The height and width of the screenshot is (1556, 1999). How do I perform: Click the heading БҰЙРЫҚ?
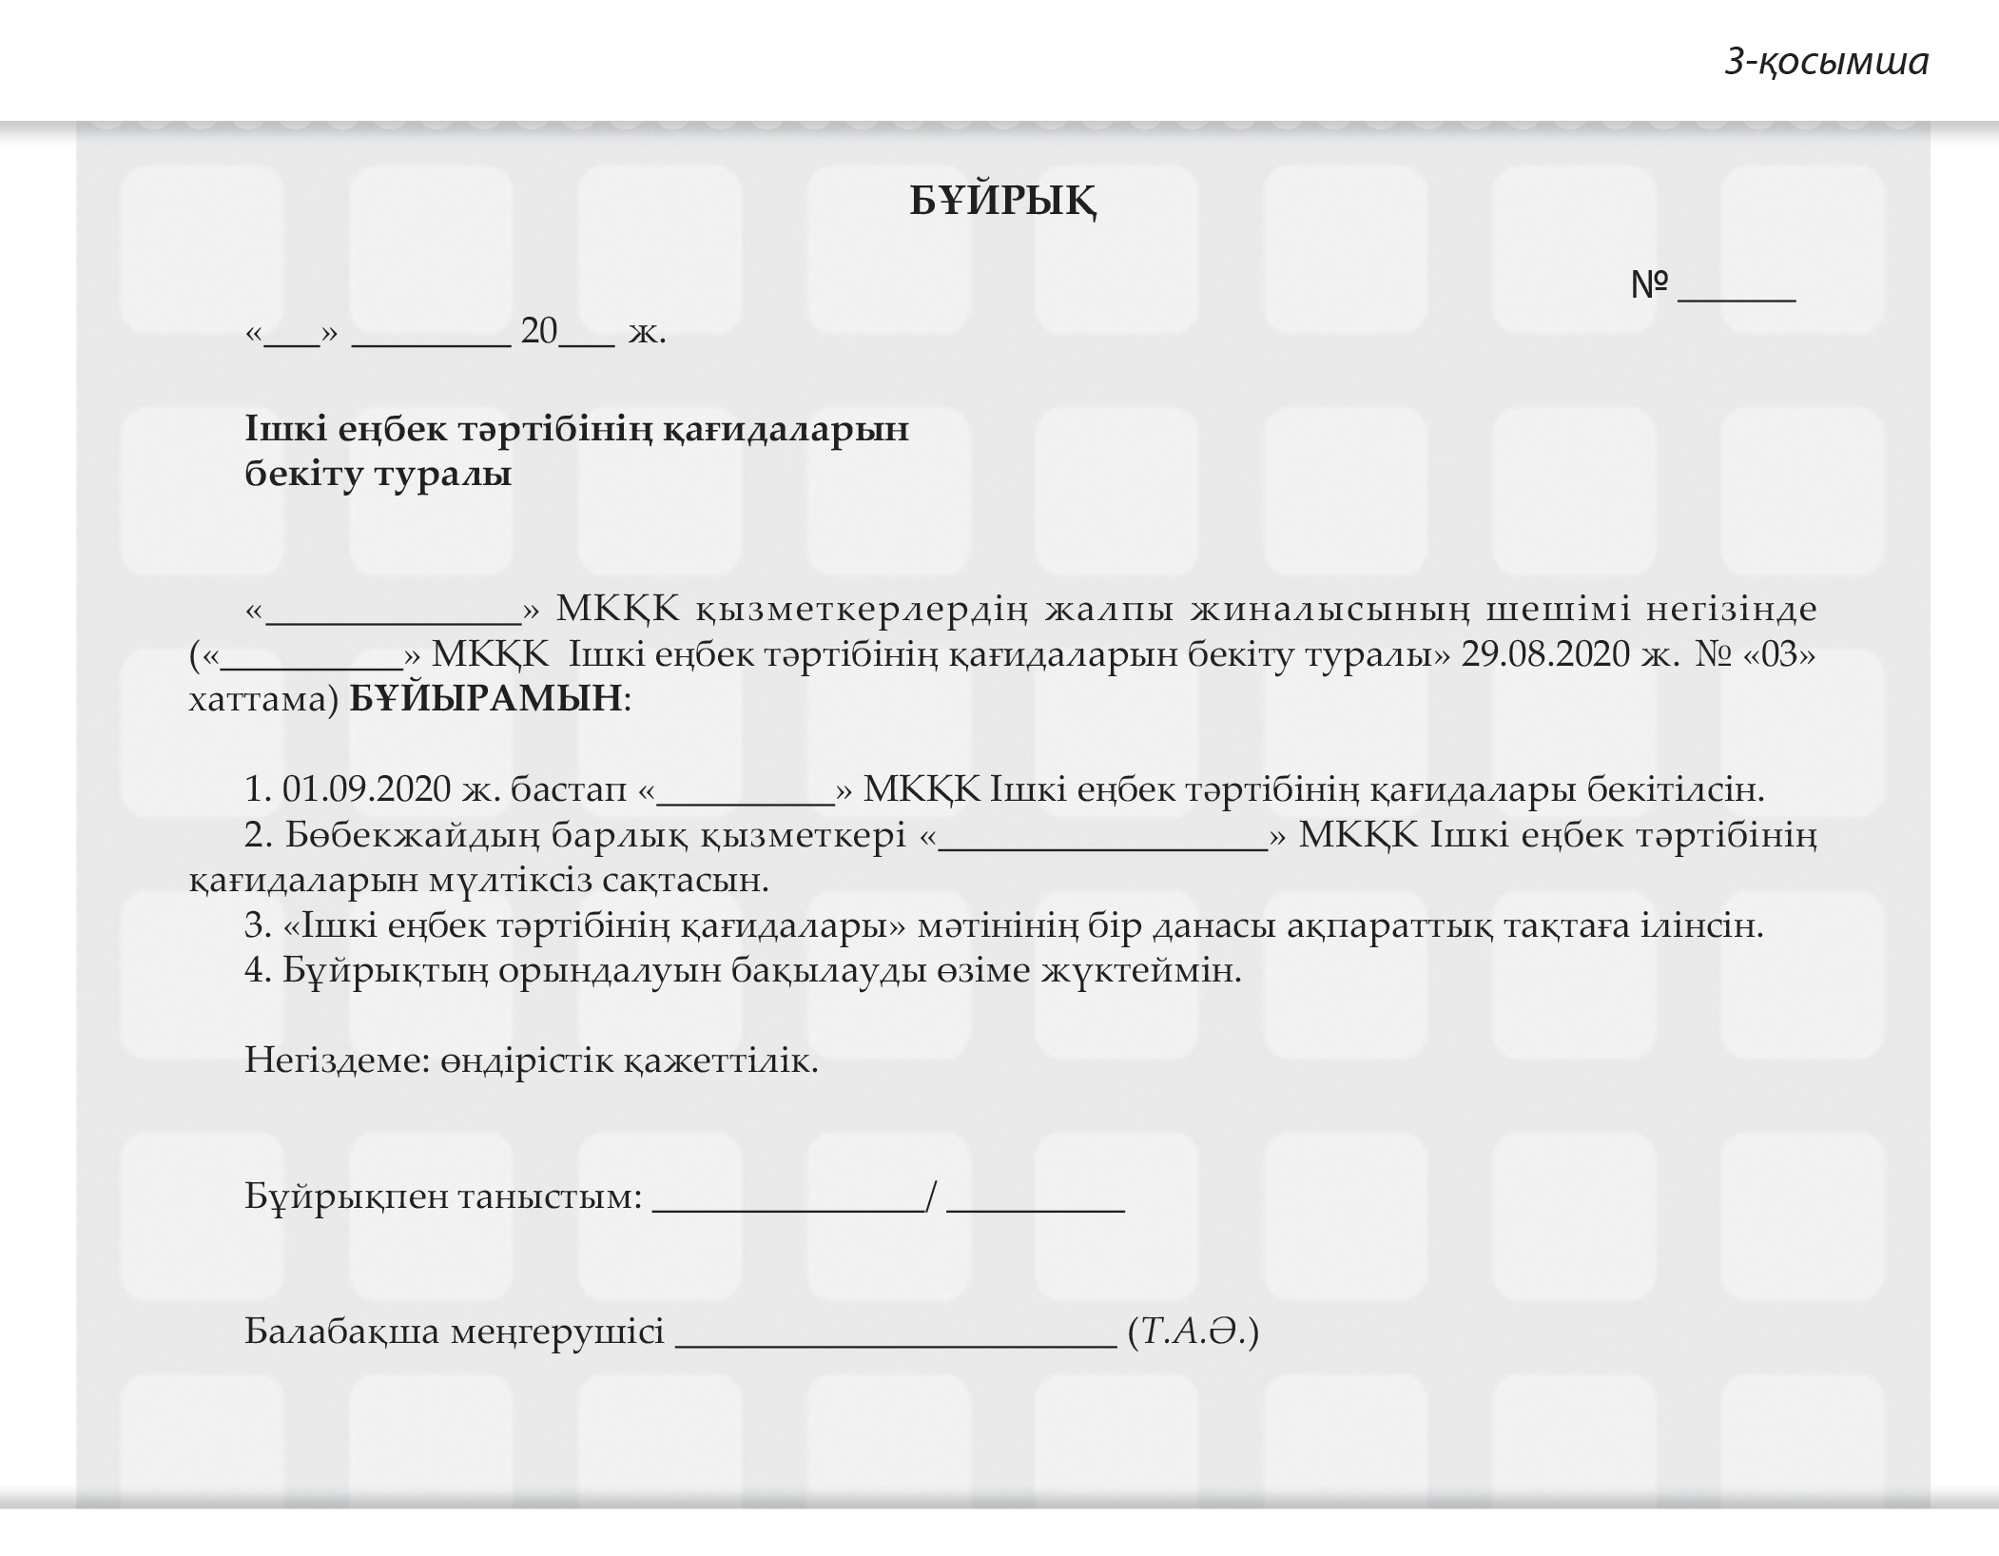(1003, 202)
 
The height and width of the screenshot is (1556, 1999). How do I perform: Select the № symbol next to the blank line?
(1650, 284)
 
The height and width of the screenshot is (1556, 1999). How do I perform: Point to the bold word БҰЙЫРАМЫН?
(486, 699)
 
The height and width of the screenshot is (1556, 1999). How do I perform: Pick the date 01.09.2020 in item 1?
(367, 789)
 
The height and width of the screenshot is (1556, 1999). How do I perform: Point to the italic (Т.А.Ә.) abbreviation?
(1193, 1331)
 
